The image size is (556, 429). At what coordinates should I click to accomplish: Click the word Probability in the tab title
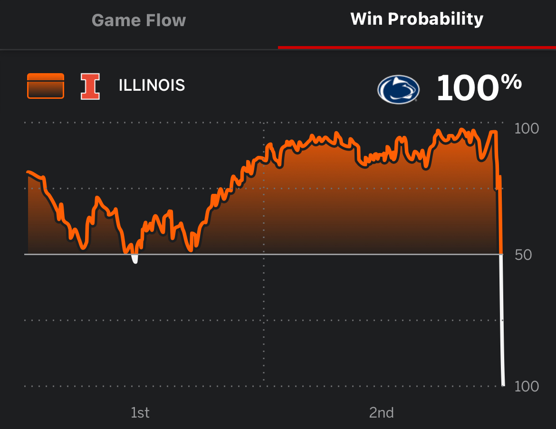436,19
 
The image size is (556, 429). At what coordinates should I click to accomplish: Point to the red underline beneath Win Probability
417,48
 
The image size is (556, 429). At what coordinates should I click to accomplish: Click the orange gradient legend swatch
46,86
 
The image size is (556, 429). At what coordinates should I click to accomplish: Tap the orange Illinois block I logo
90,86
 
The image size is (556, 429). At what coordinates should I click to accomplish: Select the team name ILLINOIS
152,86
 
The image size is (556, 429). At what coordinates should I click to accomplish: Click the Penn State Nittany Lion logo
398,89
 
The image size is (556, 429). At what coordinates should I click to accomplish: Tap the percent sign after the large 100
511,83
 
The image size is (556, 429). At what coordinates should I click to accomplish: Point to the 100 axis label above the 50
527,129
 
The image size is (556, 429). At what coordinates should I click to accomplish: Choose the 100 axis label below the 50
527,387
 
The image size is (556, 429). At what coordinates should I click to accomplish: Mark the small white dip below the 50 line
135,259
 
